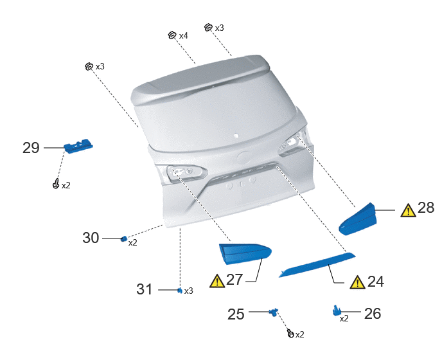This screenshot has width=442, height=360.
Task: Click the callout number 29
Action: pos(31,148)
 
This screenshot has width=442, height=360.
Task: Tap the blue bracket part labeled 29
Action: pos(78,146)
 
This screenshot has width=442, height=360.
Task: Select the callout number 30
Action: pos(91,238)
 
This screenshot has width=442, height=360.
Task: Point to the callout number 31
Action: pos(145,289)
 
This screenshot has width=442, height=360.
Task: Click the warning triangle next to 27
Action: pos(217,282)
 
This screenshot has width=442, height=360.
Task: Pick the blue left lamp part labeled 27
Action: pos(245,254)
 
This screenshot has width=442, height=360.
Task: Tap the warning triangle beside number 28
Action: pos(408,210)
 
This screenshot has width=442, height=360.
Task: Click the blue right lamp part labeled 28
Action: pos(358,220)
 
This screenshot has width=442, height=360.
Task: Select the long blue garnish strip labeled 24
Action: pos(317,265)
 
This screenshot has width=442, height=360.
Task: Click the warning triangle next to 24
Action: pos(357,282)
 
